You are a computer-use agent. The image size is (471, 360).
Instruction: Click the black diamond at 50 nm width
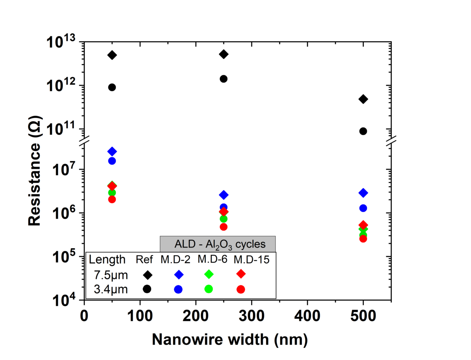pyautogui.click(x=112, y=55)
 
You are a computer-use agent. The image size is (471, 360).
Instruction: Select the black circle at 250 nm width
pyautogui.click(x=223, y=79)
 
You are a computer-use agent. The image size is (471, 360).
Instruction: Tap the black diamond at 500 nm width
pyautogui.click(x=363, y=99)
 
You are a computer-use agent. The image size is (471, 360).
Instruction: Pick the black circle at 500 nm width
pyautogui.click(x=363, y=131)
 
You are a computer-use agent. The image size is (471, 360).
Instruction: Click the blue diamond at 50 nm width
pyautogui.click(x=112, y=151)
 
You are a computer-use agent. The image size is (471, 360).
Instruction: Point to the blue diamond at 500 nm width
pyautogui.click(x=363, y=193)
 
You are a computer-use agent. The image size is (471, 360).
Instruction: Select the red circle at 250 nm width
pyautogui.click(x=223, y=227)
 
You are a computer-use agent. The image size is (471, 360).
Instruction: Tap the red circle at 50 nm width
pyautogui.click(x=112, y=199)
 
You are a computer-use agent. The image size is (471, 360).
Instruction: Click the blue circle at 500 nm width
pyautogui.click(x=363, y=208)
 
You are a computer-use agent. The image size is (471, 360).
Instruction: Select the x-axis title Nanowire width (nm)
pyautogui.click(x=230, y=339)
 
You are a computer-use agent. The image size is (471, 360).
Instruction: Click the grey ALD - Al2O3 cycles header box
pyautogui.click(x=217, y=244)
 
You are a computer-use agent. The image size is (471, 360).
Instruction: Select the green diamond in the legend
pyautogui.click(x=208, y=274)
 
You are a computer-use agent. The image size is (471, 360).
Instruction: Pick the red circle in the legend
pyautogui.click(x=241, y=289)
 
